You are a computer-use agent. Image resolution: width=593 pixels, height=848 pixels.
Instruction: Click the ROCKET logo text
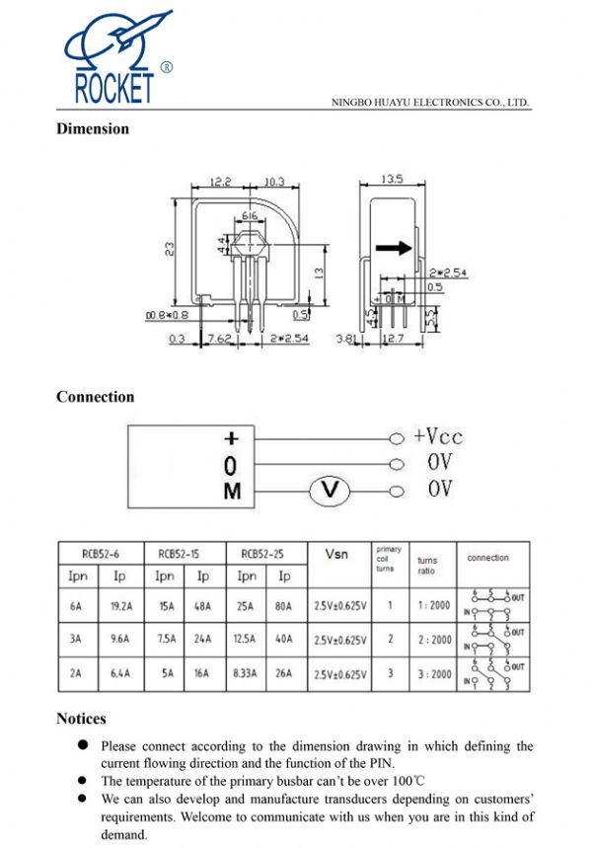[114, 88]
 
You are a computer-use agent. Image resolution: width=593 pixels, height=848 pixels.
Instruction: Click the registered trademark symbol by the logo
[166, 68]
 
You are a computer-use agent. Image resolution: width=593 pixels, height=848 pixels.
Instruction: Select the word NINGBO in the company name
[350, 102]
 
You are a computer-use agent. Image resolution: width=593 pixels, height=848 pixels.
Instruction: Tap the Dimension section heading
[93, 128]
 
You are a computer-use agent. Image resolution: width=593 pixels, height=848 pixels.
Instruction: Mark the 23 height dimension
[170, 251]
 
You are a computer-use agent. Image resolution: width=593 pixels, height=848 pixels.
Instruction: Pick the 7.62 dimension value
[218, 339]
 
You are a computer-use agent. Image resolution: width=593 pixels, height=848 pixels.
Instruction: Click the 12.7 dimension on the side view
[395, 339]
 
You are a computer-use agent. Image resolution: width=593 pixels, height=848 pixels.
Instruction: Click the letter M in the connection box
[232, 490]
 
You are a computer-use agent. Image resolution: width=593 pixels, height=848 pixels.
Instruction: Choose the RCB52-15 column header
[185, 554]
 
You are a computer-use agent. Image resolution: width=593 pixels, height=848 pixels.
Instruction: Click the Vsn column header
[336, 555]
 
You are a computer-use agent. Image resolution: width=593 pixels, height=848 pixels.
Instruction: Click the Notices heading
[81, 719]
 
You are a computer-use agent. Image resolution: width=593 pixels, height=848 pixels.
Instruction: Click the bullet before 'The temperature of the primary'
[85, 780]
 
